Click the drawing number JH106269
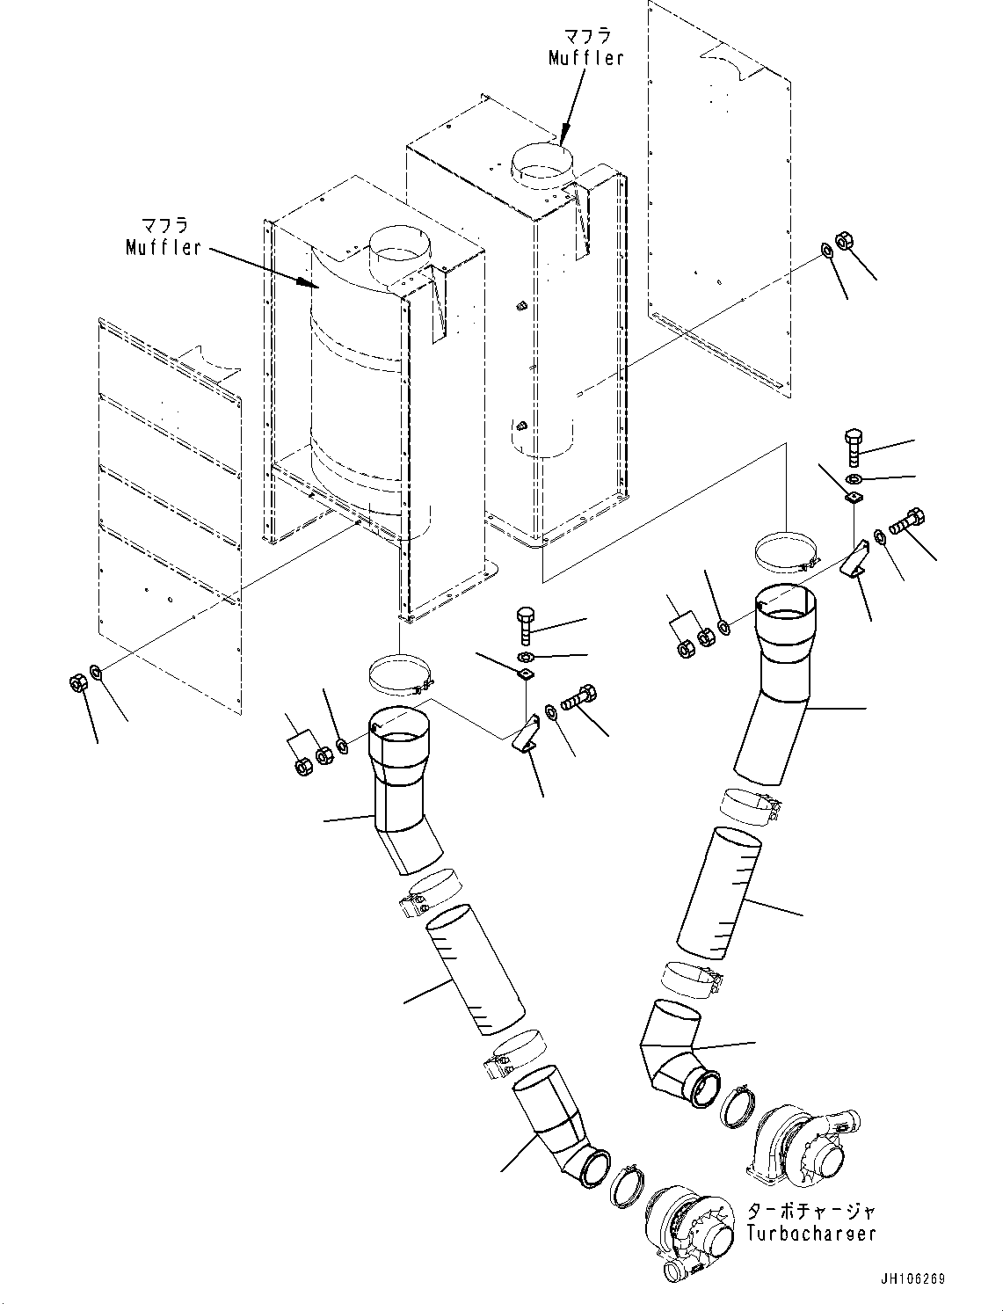click(910, 1279)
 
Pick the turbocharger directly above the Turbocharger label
click(802, 1146)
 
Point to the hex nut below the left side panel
click(76, 681)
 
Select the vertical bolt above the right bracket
click(854, 447)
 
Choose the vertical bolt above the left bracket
click(525, 623)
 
